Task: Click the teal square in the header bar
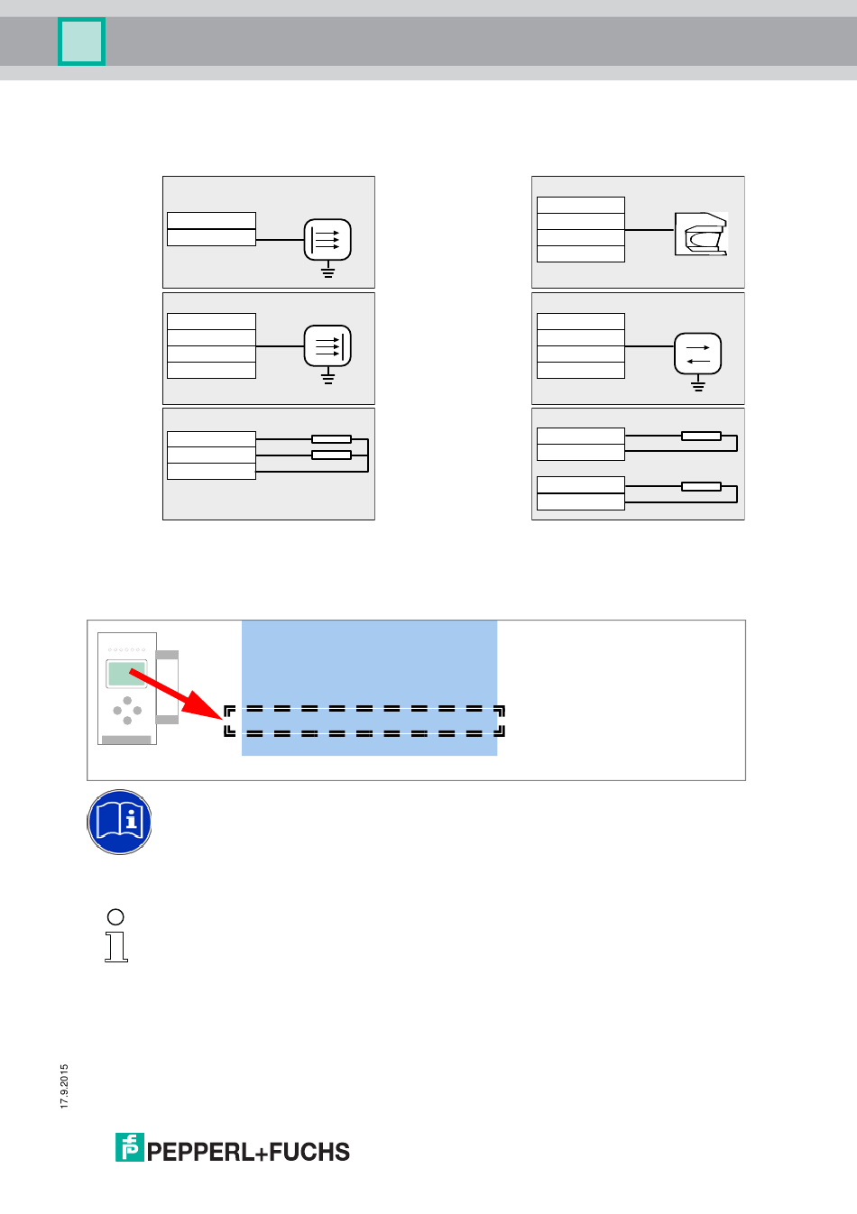pyautogui.click(x=82, y=41)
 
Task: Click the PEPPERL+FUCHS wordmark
pyautogui.click(x=248, y=1152)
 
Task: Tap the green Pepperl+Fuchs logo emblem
pyautogui.click(x=129, y=1147)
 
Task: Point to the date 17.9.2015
pyautogui.click(x=64, y=1087)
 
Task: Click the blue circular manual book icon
pyautogui.click(x=120, y=822)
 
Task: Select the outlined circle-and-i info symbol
pyautogui.click(x=116, y=935)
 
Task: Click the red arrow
pyautogui.click(x=171, y=694)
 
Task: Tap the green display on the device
pyautogui.click(x=126, y=674)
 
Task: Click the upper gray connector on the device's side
pyautogui.click(x=167, y=655)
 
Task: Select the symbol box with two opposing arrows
pyautogui.click(x=697, y=354)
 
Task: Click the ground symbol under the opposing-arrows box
pyautogui.click(x=697, y=385)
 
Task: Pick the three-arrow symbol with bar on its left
pyautogui.click(x=327, y=240)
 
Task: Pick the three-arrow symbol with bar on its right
pyautogui.click(x=327, y=346)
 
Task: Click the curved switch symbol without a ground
pyautogui.click(x=701, y=235)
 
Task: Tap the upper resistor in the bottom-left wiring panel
pyautogui.click(x=331, y=439)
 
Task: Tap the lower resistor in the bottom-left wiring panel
pyautogui.click(x=331, y=455)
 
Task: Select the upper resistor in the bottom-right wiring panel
pyautogui.click(x=701, y=437)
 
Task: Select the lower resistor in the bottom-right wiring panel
pyautogui.click(x=701, y=487)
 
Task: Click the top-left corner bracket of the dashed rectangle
pyautogui.click(x=229, y=711)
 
